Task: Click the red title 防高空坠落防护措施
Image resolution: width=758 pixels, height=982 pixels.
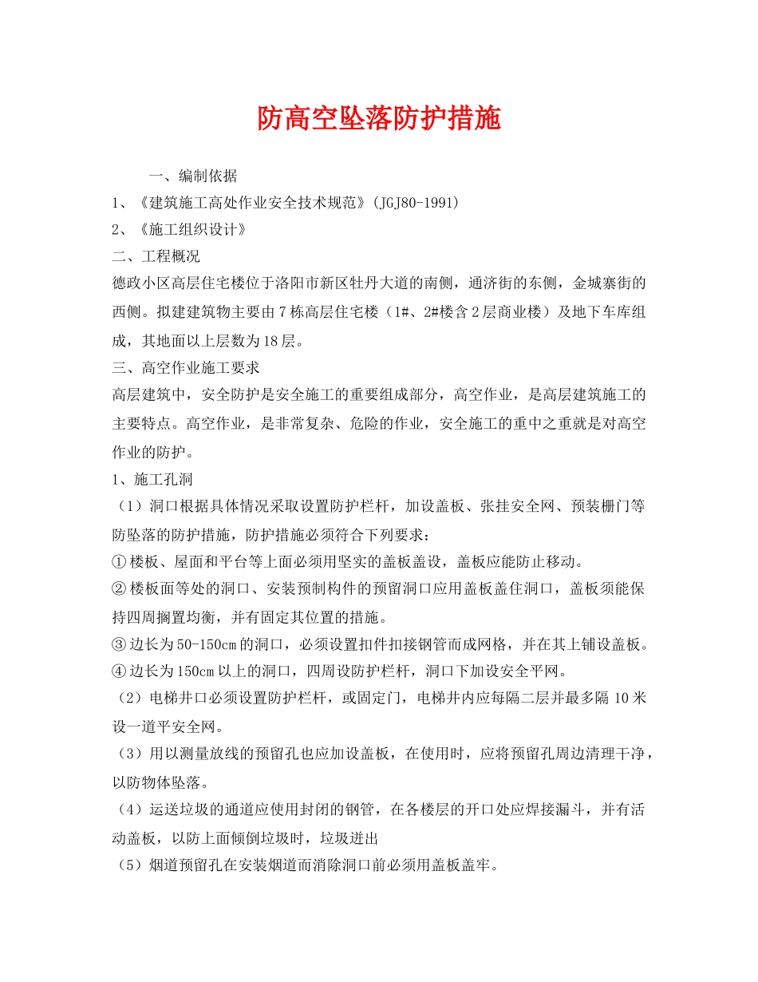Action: (379, 119)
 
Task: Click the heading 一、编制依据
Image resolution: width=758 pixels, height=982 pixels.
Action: (193, 176)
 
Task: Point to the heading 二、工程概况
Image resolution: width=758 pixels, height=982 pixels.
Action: (156, 256)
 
